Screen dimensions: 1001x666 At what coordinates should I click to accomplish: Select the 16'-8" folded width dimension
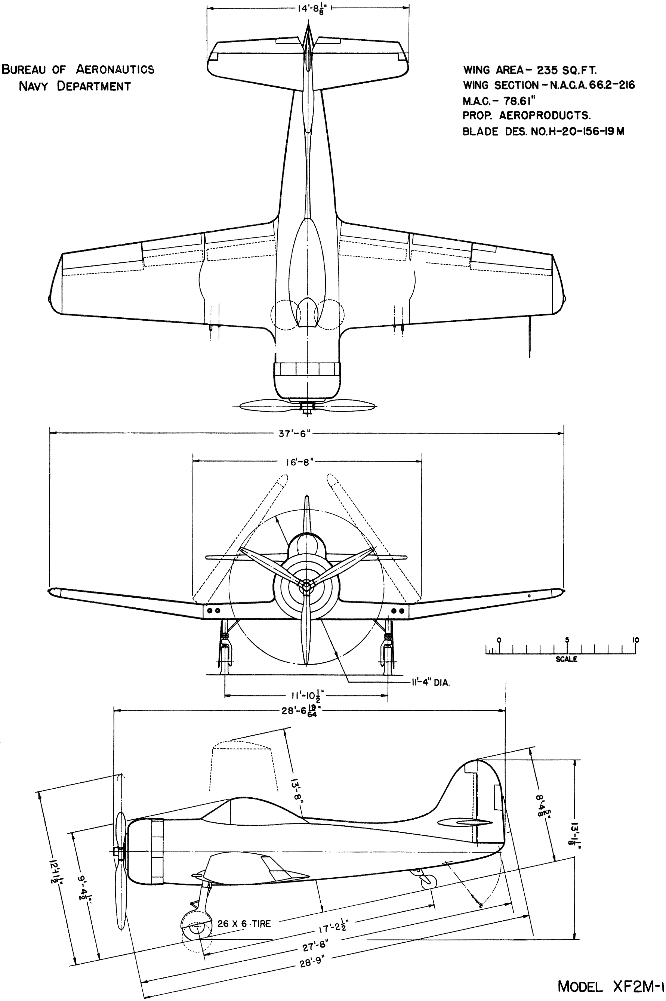pos(299,462)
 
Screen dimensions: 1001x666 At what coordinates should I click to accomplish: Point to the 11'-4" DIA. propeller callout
pos(430,683)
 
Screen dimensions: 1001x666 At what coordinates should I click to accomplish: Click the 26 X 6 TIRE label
pos(244,924)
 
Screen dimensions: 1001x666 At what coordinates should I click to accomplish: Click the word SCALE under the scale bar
pos(566,659)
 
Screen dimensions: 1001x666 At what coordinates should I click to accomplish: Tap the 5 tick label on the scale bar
pos(567,640)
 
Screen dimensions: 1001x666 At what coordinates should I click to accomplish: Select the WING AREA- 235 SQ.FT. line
pos(530,70)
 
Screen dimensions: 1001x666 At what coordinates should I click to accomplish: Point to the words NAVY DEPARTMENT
pos(75,86)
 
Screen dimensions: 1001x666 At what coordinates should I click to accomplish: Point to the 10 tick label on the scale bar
pos(635,640)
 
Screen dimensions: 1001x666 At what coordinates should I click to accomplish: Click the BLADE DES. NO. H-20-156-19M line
pos(543,131)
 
